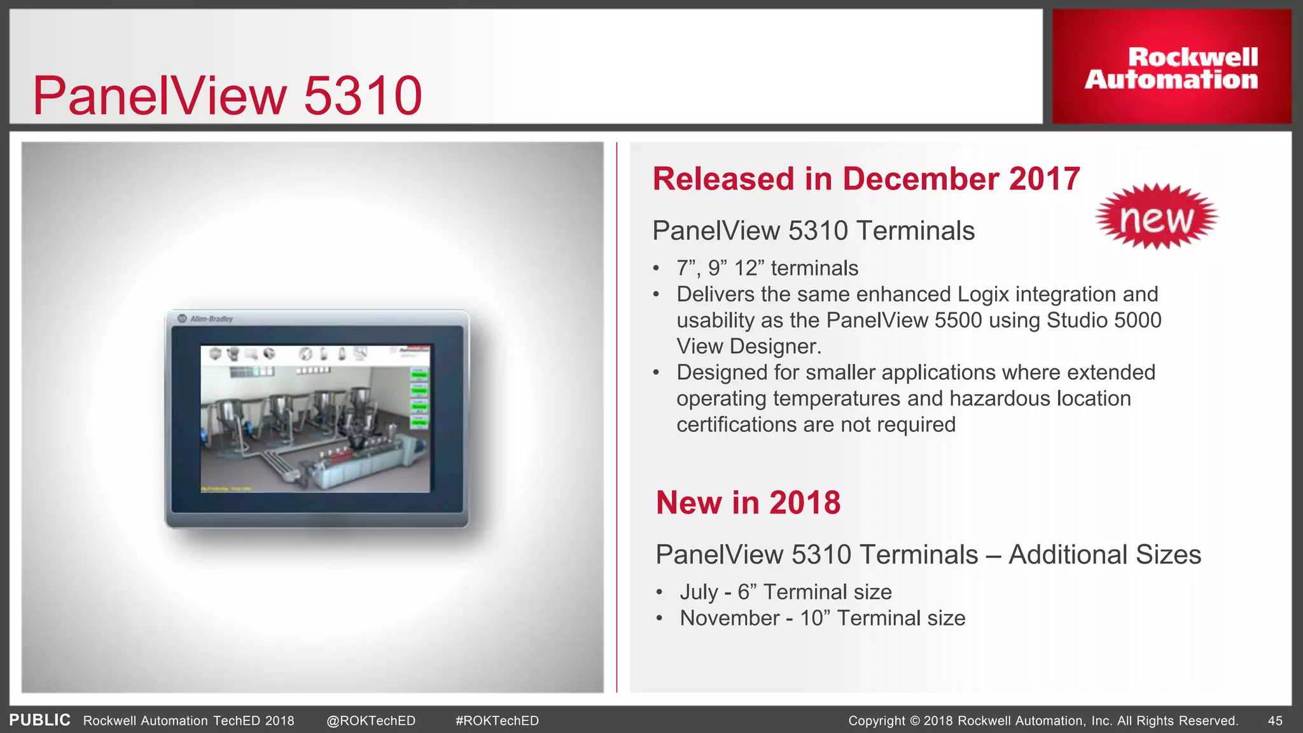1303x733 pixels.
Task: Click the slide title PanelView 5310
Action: (x=227, y=95)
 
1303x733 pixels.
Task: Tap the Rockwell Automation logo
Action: (x=1171, y=67)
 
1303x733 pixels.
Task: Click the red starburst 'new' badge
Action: (x=1156, y=217)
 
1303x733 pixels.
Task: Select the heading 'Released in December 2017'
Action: (x=866, y=179)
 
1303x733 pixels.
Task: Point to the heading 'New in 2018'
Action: (x=748, y=503)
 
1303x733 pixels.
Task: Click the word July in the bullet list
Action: (x=699, y=592)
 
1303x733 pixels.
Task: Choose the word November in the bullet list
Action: (x=729, y=618)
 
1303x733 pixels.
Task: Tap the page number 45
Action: (x=1275, y=721)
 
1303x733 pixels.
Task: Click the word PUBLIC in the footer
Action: (x=39, y=720)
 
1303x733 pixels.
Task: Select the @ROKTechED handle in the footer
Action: (x=370, y=721)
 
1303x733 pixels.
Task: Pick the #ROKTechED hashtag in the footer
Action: (x=497, y=721)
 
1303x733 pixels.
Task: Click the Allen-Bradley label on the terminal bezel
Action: (x=211, y=319)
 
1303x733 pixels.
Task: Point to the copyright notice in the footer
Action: (x=1043, y=721)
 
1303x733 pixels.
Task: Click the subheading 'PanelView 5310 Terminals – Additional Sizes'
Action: (x=928, y=555)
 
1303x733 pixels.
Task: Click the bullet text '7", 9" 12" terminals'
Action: (x=767, y=269)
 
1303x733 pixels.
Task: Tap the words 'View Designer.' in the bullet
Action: (x=749, y=347)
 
